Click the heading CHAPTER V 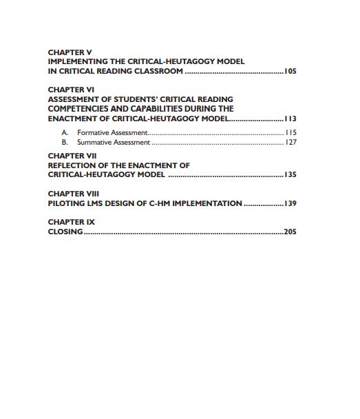click(70, 52)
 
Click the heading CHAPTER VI click(72, 90)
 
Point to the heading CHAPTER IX click(72, 222)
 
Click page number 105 click(290, 71)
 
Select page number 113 click(290, 119)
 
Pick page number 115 click(290, 132)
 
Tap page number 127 click(290, 143)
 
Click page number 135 click(290, 175)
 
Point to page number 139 click(290, 204)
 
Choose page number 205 click(290, 232)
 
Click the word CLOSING click(65, 232)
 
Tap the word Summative click(94, 143)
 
